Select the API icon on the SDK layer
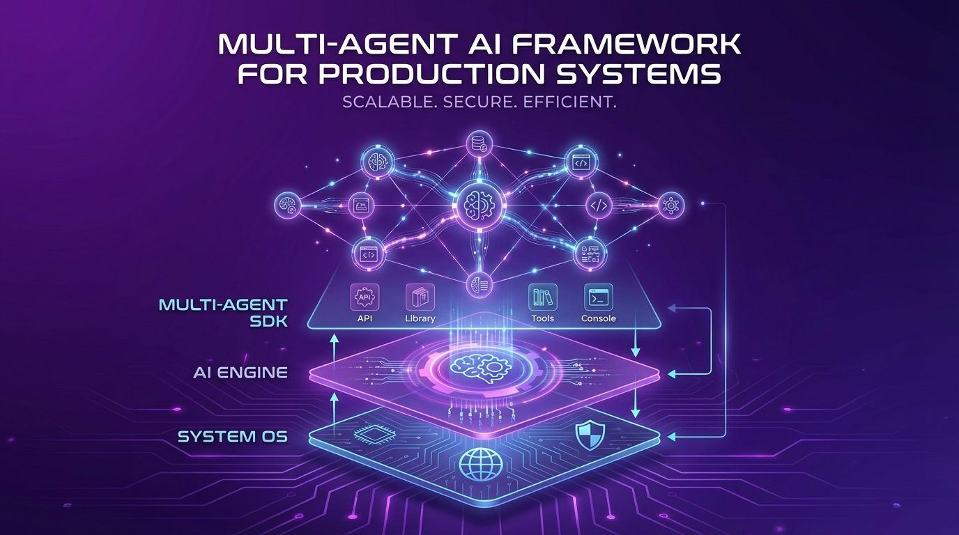pyautogui.click(x=365, y=297)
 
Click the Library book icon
pyautogui.click(x=420, y=297)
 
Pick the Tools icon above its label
pyautogui.click(x=543, y=297)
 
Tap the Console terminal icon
pyautogui.click(x=599, y=297)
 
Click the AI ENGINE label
pyautogui.click(x=240, y=373)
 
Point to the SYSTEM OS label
pyautogui.click(x=233, y=437)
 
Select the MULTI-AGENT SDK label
pyautogui.click(x=223, y=313)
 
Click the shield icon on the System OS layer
pyautogui.click(x=590, y=435)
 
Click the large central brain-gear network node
pyautogui.click(x=479, y=205)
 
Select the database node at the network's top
pyautogui.click(x=479, y=144)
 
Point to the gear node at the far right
pyautogui.click(x=670, y=206)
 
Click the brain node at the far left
pyautogui.click(x=287, y=206)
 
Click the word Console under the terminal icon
pyautogui.click(x=599, y=318)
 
